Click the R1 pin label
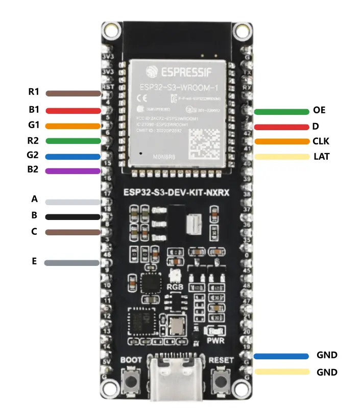click(x=34, y=92)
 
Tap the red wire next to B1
click(x=73, y=110)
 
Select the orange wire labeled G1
click(x=73, y=126)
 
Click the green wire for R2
click(x=73, y=141)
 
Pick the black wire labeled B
click(x=73, y=216)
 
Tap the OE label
click(x=319, y=110)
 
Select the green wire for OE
click(x=280, y=112)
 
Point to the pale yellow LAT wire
click(x=280, y=157)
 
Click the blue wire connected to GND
click(x=281, y=356)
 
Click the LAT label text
click(x=321, y=157)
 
